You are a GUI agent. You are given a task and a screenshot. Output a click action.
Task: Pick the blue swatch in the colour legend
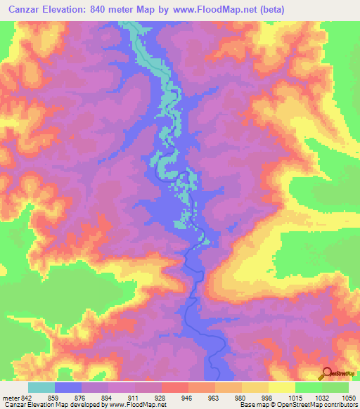coord(68,388)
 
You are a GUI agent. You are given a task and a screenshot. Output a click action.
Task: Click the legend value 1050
coord(349,398)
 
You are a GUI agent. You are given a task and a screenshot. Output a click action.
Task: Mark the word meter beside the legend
coord(10,398)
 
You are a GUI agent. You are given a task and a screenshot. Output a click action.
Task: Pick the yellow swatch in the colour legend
coord(282,388)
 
